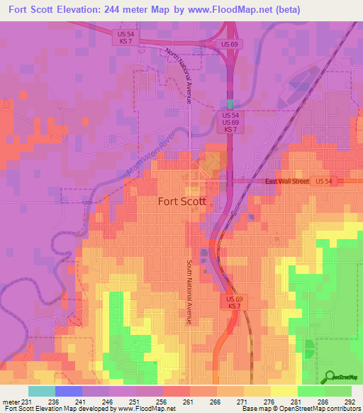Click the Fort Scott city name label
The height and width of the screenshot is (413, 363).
(181, 201)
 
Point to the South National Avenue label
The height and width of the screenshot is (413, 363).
(190, 292)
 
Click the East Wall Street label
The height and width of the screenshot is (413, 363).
(287, 182)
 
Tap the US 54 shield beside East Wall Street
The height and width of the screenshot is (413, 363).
(324, 182)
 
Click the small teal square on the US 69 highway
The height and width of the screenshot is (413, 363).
(229, 103)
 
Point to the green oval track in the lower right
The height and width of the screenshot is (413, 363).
(309, 348)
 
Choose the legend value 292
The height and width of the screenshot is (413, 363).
(349, 402)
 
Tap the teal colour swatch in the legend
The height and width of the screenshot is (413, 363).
(41, 391)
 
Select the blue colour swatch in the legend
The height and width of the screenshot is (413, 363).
(68, 391)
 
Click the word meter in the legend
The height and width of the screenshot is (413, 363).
(11, 402)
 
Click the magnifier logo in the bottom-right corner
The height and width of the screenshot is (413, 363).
(328, 377)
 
